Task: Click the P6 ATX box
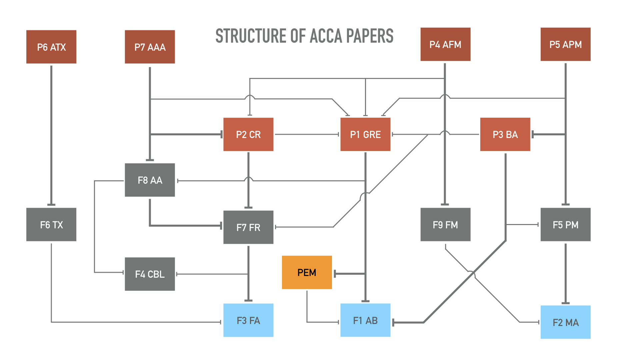tap(51, 47)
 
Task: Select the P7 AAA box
tap(150, 47)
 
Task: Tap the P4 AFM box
tap(445, 44)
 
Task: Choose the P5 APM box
tap(565, 44)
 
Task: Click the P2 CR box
tap(248, 134)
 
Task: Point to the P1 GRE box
tap(365, 134)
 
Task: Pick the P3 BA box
tap(505, 134)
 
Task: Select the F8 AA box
tap(150, 180)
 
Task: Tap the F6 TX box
tap(51, 225)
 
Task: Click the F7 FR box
tap(248, 227)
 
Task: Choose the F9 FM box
tap(445, 225)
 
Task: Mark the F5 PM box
tap(565, 225)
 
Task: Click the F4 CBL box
tap(150, 274)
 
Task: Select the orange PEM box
tap(307, 272)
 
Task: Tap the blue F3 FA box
tap(248, 320)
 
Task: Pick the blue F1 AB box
tap(365, 320)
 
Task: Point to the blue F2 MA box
tap(565, 322)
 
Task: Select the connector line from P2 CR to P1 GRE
tap(307, 134)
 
